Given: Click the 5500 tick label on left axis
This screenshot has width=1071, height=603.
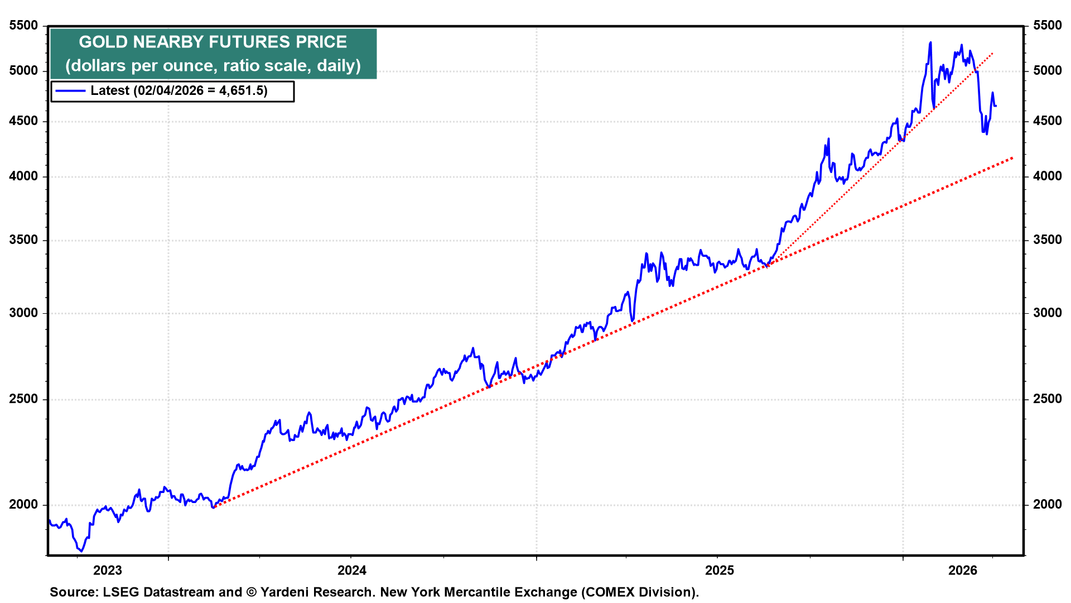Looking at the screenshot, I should pos(23,26).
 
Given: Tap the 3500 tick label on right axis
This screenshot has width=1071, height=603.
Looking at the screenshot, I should pos(1047,240).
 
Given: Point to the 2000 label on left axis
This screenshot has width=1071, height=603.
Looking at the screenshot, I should pos(23,505).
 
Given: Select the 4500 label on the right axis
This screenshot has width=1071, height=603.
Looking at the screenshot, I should pos(1047,121).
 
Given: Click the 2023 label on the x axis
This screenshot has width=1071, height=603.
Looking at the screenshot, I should pos(107,570).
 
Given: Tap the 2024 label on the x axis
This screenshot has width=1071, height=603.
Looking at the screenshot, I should pos(352,570).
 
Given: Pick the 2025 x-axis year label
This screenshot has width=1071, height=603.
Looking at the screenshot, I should pos(720,570).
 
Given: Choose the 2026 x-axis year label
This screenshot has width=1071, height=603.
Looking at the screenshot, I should pos(963,570).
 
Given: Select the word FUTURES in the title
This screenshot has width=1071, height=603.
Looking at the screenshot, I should pos(249,42).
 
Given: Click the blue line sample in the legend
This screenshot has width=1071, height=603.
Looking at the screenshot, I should pos(70,91).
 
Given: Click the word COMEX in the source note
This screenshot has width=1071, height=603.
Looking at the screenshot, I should pos(609,592).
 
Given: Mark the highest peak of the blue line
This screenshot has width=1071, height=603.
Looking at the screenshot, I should pos(930,42).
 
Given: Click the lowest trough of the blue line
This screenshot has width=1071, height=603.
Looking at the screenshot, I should pos(81,551).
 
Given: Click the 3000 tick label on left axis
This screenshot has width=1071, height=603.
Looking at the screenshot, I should pos(23,313).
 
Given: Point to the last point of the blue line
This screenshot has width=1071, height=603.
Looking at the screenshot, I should pos(996,106).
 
